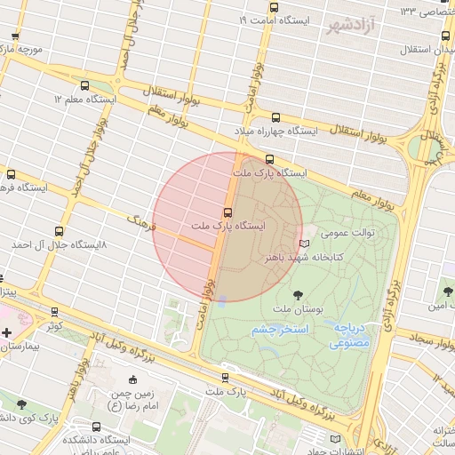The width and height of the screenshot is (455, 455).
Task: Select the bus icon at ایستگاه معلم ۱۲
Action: pos(84,87)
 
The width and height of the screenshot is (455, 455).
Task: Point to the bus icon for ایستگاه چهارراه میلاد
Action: pos(275,117)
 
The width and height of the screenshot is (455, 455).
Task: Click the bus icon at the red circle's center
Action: pos(228,212)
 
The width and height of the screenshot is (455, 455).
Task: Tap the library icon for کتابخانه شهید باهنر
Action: pos(305,243)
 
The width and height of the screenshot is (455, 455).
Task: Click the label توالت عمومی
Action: pos(347,233)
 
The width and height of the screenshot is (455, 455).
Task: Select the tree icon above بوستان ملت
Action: pos(298,294)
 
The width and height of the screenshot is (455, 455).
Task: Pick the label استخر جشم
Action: pos(278,329)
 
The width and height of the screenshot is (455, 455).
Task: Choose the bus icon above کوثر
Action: pos(56,312)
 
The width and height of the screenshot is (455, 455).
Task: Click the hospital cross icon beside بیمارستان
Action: pos(7,332)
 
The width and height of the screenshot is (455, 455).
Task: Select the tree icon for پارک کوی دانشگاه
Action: pos(20,404)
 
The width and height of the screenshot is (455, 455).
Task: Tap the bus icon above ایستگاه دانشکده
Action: pos(96,427)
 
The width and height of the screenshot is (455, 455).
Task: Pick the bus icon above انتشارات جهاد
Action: pos(335,438)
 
